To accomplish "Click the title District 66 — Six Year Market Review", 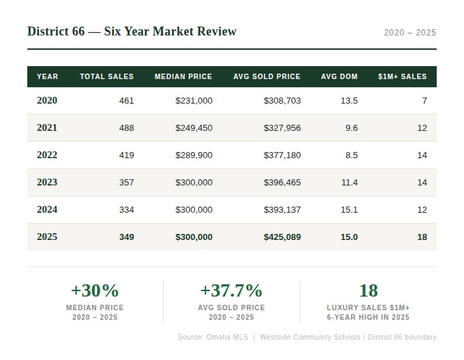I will click(x=132, y=31).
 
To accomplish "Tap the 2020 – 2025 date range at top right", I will click(x=409, y=33).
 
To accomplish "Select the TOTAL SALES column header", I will click(x=106, y=77).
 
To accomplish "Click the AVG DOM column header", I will click(x=339, y=77).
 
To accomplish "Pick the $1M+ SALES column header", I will click(x=402, y=77).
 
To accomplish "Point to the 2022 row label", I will click(x=47, y=155).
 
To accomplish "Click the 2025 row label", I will click(x=47, y=237).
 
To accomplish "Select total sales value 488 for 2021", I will click(x=126, y=128).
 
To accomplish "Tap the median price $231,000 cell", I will click(x=194, y=101).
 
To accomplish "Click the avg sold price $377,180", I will click(x=282, y=155).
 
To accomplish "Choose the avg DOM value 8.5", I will click(x=351, y=155).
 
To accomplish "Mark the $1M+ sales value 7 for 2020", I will click(x=424, y=101).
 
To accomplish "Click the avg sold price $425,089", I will click(x=282, y=237).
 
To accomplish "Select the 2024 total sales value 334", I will click(x=126, y=210).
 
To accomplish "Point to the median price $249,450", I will click(x=194, y=128).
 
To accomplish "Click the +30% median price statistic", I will click(x=95, y=290).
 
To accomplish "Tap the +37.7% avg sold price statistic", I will click(x=231, y=290).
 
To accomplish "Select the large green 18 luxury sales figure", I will click(x=368, y=290).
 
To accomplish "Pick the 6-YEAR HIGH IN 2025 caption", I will click(x=368, y=318).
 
